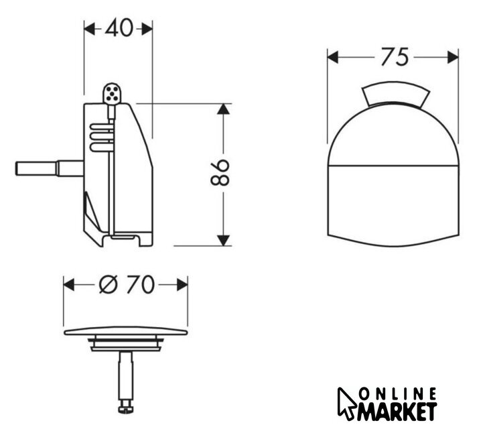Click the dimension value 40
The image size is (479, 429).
[x=119, y=28]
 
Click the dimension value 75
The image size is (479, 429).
[x=395, y=57]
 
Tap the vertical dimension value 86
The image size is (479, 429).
[x=220, y=172]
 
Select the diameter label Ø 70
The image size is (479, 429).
[x=127, y=284]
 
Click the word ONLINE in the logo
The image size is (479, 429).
[x=397, y=394]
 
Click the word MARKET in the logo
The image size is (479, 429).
[x=397, y=412]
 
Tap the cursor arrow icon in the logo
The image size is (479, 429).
[x=346, y=403]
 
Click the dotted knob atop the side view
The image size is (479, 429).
[x=112, y=93]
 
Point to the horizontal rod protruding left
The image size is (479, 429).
[x=49, y=168]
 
